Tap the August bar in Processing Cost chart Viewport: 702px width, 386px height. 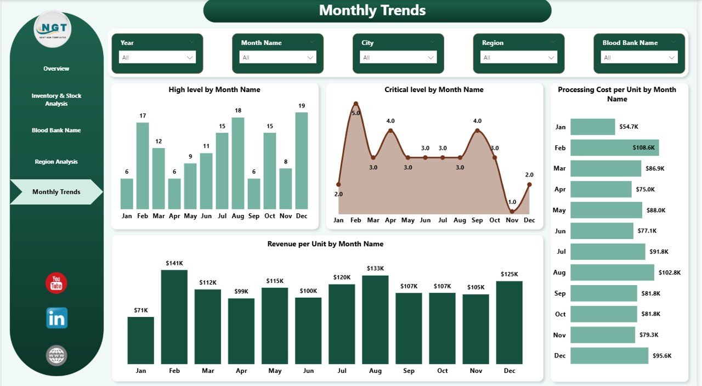612,273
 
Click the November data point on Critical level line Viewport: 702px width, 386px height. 512,211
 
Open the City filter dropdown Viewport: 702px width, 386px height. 398,58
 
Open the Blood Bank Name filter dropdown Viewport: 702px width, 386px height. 639,58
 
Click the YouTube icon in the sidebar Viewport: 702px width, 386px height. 56,283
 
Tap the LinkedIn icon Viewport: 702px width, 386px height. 56,318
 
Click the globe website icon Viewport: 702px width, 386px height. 56,355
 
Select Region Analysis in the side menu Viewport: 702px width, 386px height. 56,162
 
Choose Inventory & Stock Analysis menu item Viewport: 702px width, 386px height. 56,99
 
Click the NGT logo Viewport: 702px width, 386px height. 52,29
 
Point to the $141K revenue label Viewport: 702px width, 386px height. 174,263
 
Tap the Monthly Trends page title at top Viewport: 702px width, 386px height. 372,10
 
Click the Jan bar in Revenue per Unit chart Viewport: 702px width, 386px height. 141,340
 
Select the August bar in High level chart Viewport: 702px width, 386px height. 238,163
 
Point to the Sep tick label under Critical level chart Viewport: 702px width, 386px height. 477,220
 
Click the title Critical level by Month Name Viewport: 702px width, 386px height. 434,89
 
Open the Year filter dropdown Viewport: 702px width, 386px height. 157,58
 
